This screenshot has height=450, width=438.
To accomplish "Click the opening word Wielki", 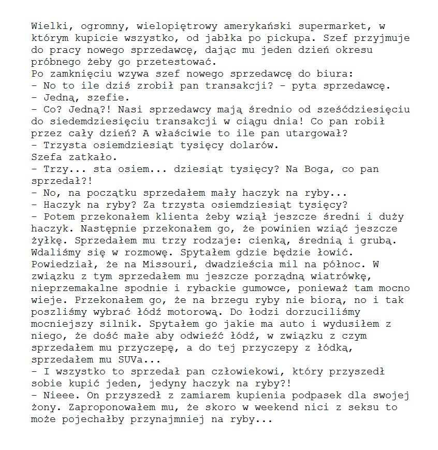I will coord(49,25).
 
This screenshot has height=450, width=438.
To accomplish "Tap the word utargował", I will coord(318,133).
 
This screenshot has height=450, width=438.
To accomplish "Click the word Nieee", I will coord(58,396).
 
